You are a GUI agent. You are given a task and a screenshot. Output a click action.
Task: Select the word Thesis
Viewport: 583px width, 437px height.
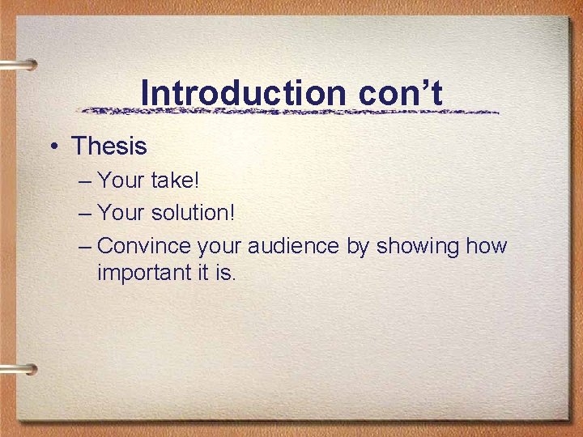pos(109,146)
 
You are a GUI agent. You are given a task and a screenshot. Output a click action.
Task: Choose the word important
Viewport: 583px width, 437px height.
pos(143,273)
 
